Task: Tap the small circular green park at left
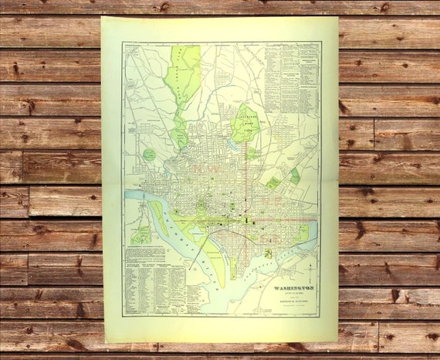coord(149,155)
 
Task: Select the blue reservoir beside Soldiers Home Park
coord(233,144)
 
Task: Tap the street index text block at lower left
coord(154,286)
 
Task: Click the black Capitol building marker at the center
coord(246,220)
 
